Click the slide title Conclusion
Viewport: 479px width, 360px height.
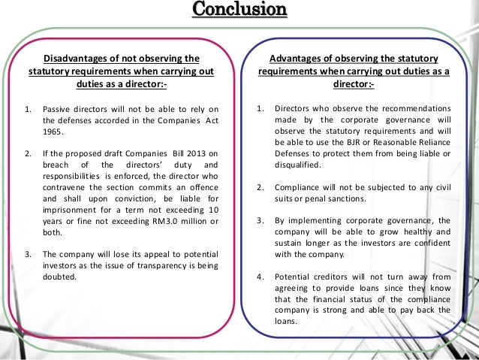[x=239, y=10]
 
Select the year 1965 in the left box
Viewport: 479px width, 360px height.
[x=53, y=131]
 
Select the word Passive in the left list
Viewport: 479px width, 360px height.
[x=57, y=107]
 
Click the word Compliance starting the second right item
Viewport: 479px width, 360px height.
[x=300, y=186]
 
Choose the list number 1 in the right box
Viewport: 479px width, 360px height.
[x=259, y=107]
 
